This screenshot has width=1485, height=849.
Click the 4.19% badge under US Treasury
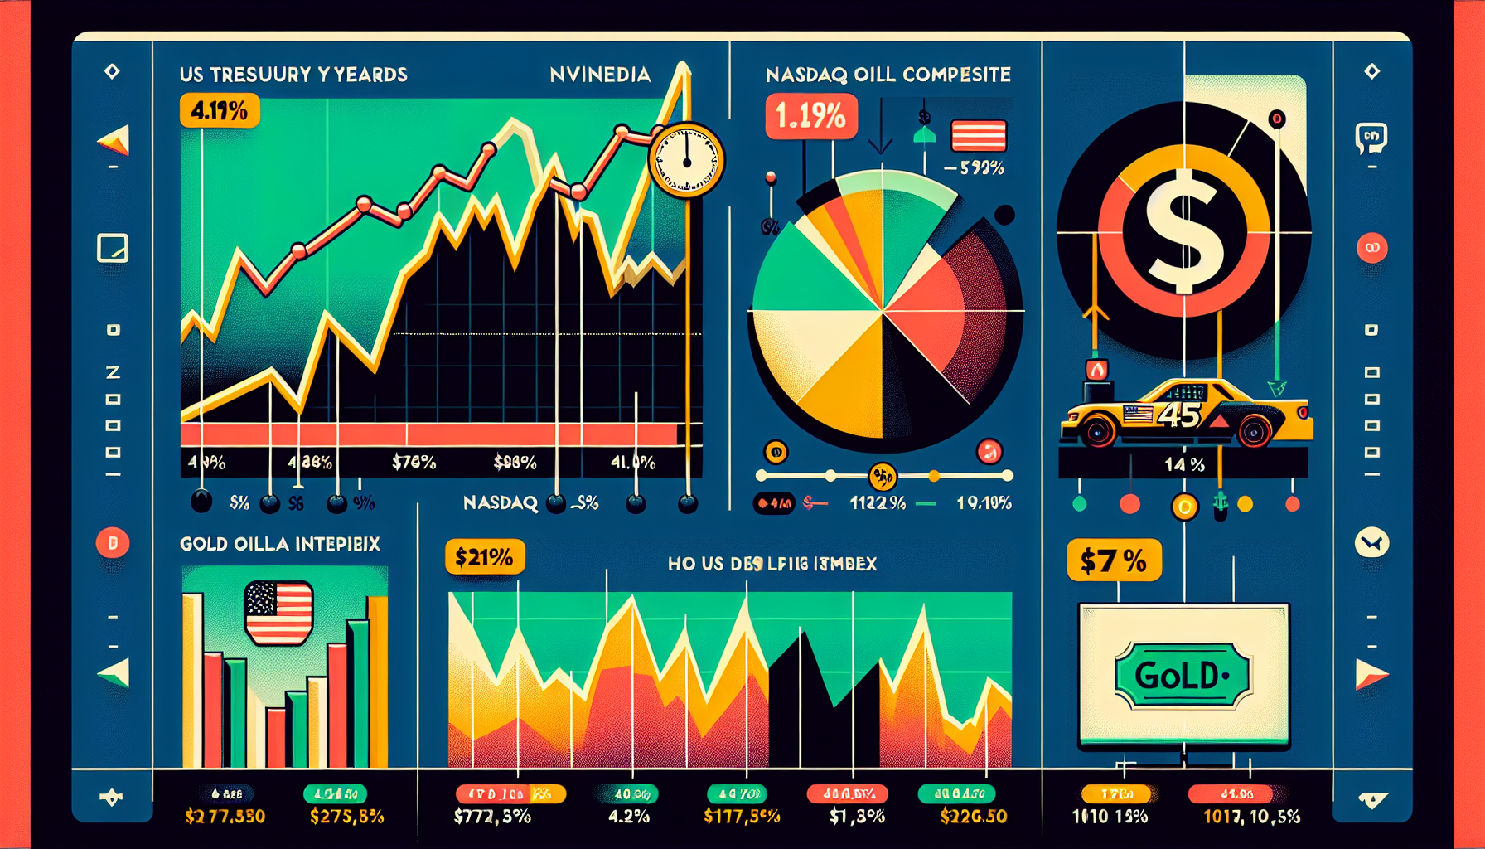point(219,110)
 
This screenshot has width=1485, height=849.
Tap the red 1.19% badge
point(810,116)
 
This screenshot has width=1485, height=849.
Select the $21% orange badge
point(484,557)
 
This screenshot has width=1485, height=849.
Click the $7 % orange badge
point(1113,560)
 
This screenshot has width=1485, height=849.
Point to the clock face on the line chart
point(686,160)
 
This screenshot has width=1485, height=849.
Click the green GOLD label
point(1182,676)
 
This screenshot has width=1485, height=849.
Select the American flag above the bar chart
point(278,613)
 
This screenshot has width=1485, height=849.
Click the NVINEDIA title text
point(600,75)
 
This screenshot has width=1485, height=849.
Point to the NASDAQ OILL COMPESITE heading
point(888,75)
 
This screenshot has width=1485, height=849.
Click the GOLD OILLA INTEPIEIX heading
point(280,544)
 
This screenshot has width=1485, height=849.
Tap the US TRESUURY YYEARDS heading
point(293,75)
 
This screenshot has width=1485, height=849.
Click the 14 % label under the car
point(1184,464)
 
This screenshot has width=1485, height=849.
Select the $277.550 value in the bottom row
point(225,817)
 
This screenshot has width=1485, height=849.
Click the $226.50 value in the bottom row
point(974,817)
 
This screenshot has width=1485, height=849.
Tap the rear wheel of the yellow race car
point(1253,430)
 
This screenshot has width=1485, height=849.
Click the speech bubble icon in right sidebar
point(1371,138)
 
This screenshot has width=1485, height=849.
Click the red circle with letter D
point(113,543)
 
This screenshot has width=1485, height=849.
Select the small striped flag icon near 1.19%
point(979,136)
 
